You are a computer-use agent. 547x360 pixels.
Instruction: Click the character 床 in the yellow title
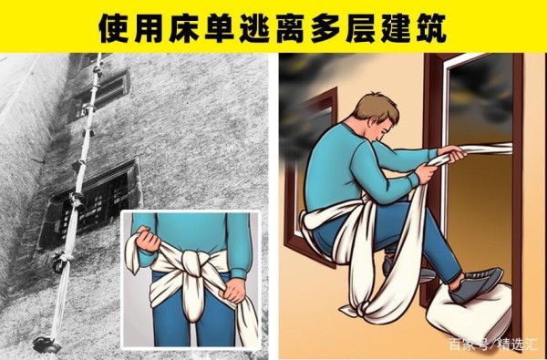coord(184,28)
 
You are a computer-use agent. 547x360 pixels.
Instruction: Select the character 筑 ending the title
coord(431,28)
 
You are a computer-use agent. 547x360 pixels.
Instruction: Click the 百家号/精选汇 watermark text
coord(492,345)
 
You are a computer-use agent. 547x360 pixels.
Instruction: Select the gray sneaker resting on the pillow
coord(476,284)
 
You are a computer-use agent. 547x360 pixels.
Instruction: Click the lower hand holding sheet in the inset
coord(232,290)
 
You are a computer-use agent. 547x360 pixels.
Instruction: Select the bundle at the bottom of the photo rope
coord(46,345)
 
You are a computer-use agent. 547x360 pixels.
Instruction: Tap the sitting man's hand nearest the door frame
coord(452,153)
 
